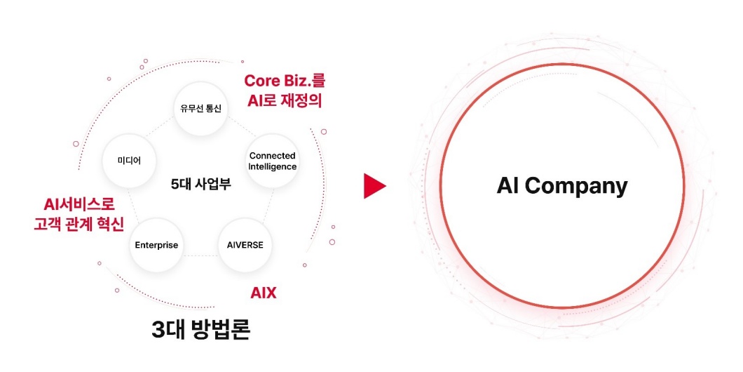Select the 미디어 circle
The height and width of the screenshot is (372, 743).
click(130, 160)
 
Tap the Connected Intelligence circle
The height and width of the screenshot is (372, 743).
click(272, 161)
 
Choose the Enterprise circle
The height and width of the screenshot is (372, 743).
click(156, 245)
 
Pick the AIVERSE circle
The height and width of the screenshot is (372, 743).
click(245, 245)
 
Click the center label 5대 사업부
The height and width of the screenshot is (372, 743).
click(200, 185)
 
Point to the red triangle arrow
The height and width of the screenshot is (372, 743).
click(374, 186)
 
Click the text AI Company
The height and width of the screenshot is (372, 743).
click(561, 185)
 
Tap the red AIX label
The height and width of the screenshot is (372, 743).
click(264, 293)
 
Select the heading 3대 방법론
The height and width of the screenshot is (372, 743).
click(200, 330)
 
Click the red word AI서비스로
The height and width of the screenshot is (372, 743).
click(79, 204)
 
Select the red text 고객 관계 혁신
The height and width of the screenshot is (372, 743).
click(79, 224)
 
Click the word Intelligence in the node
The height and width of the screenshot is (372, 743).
click(272, 167)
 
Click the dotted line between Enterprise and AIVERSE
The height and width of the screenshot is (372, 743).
click(200, 255)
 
